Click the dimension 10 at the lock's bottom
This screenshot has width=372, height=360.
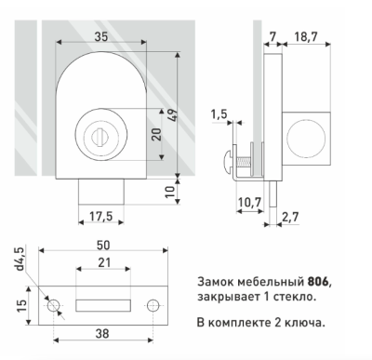[169, 193]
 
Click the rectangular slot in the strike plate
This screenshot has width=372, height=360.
[103, 304]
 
